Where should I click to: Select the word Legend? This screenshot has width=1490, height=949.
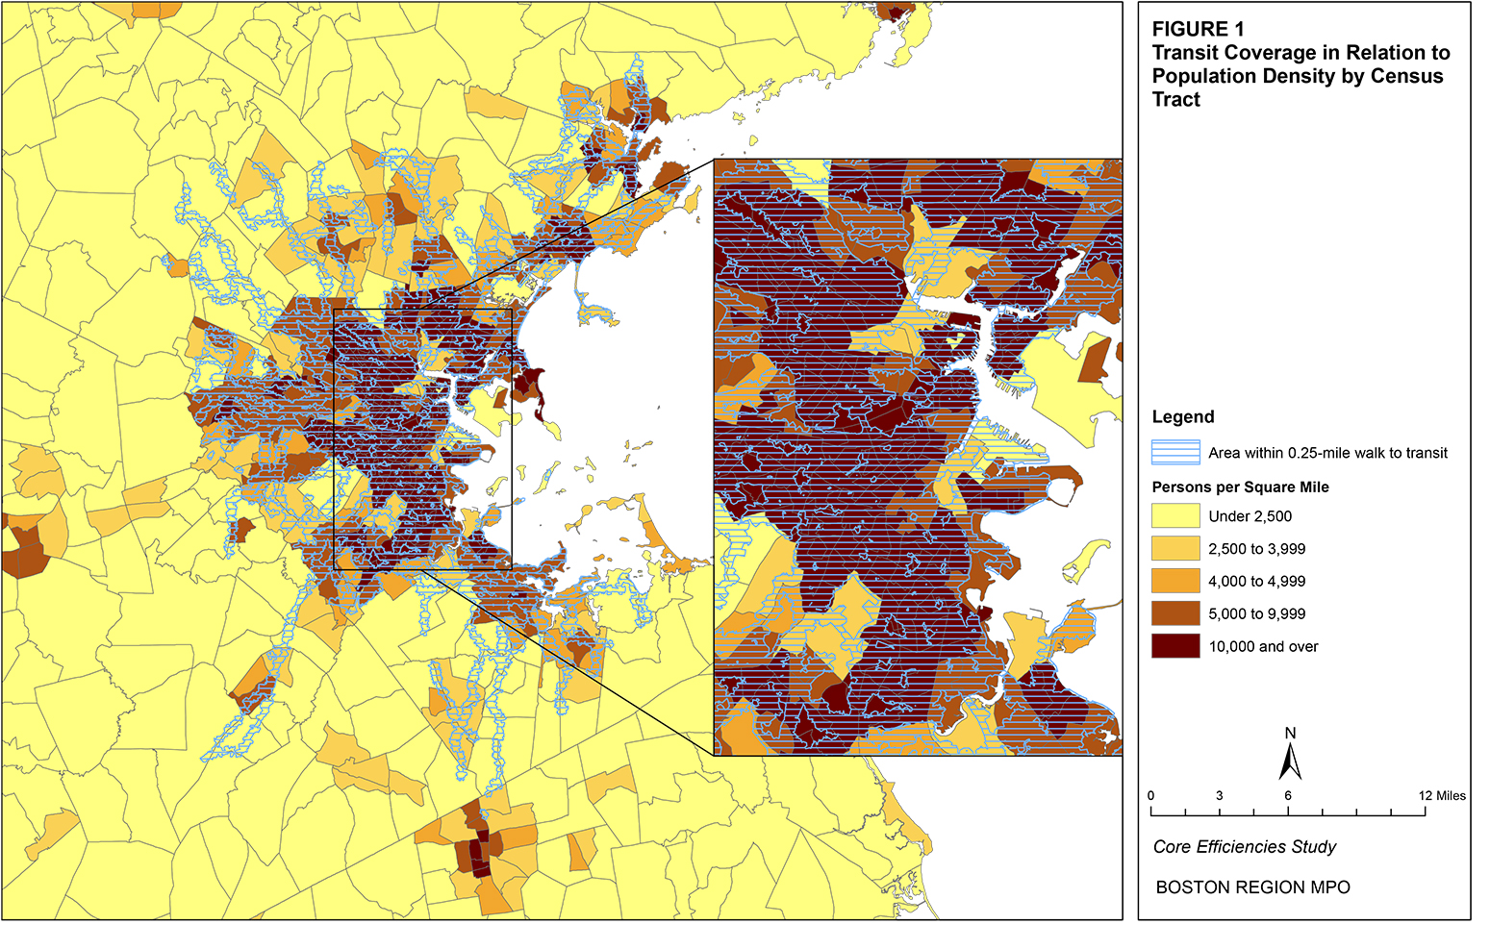point(1183,417)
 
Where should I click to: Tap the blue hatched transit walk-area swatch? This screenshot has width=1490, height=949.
point(1175,453)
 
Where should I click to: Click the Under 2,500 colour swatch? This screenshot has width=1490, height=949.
point(1175,516)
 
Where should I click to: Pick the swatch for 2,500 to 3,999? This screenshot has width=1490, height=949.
point(1175,549)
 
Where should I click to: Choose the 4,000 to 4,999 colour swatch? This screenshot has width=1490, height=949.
point(1175,582)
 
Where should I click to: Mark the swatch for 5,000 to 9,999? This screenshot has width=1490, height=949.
point(1175,614)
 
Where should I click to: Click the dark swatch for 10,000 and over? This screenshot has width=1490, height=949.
point(1175,646)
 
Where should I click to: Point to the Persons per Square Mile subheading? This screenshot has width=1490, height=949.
point(1240,487)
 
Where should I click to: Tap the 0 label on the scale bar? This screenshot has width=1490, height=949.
point(1151,796)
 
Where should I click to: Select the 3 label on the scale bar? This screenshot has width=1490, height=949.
point(1220,796)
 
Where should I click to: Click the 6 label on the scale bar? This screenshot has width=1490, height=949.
point(1288,796)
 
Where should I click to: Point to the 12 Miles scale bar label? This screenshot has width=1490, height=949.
point(1441,796)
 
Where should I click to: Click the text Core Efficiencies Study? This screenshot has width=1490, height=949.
point(1245,847)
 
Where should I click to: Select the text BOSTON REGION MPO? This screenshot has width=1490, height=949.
point(1252,887)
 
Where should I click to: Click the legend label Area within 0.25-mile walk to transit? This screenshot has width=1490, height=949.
point(1327,453)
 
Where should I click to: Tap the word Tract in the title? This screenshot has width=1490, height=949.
point(1175,100)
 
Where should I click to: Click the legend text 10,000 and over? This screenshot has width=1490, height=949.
point(1263,647)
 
